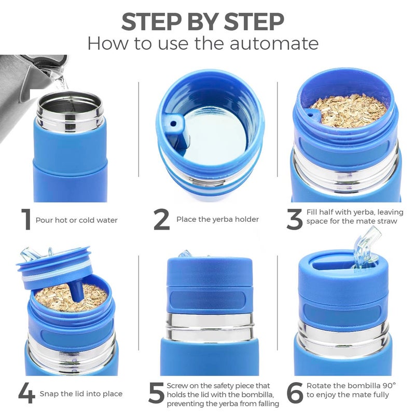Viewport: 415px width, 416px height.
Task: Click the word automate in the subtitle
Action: pos(274,43)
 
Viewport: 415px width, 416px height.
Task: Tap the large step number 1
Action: pos(26,219)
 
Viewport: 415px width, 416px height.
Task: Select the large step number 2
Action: pos(161,219)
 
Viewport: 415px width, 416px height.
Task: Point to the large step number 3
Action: pos(295,219)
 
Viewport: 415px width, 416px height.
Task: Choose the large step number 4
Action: pos(27,393)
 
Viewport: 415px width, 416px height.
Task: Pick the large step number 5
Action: pos(156,393)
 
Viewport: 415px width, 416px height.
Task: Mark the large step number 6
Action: pos(295,393)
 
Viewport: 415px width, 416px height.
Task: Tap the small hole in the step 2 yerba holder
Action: pos(173,124)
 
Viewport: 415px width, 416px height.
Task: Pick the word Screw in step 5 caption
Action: pos(177,385)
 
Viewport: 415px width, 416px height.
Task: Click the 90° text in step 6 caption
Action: pos(390,385)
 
